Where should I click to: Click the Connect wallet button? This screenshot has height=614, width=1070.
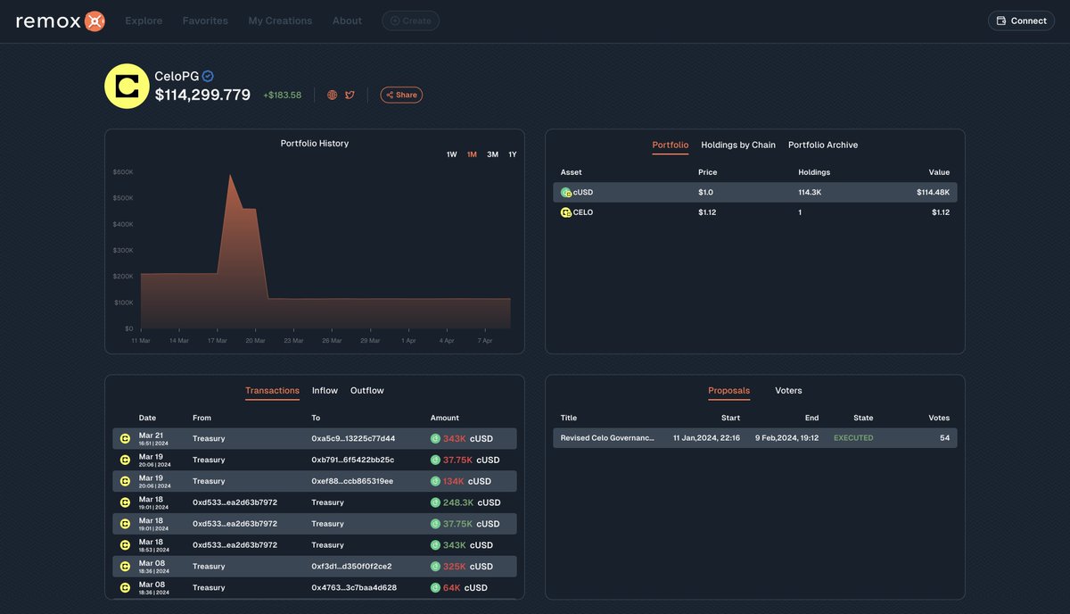click(1021, 21)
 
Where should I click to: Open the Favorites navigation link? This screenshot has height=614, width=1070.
click(205, 21)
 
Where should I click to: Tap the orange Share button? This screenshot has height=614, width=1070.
click(401, 95)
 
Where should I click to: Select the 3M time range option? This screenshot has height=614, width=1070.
click(492, 154)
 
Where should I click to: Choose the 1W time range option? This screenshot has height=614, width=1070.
click(452, 154)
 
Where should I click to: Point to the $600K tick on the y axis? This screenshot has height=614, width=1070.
click(123, 172)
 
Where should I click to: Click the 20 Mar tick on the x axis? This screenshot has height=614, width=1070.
click(255, 340)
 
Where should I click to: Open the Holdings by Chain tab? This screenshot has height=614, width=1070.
click(738, 145)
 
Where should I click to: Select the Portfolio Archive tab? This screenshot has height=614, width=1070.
click(823, 145)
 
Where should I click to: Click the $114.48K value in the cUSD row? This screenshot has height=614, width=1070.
click(933, 192)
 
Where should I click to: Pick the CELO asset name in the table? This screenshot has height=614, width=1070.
click(582, 212)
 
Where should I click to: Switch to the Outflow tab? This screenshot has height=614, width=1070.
click(366, 391)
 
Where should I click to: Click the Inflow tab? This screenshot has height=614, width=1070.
click(325, 391)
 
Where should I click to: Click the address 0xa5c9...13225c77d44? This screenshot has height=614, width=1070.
click(353, 439)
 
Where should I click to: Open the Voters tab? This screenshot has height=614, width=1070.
click(788, 391)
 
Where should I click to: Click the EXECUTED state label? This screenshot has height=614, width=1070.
click(853, 438)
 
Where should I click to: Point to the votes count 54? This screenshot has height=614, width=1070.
click(944, 438)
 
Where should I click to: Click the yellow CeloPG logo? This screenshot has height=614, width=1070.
click(127, 87)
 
